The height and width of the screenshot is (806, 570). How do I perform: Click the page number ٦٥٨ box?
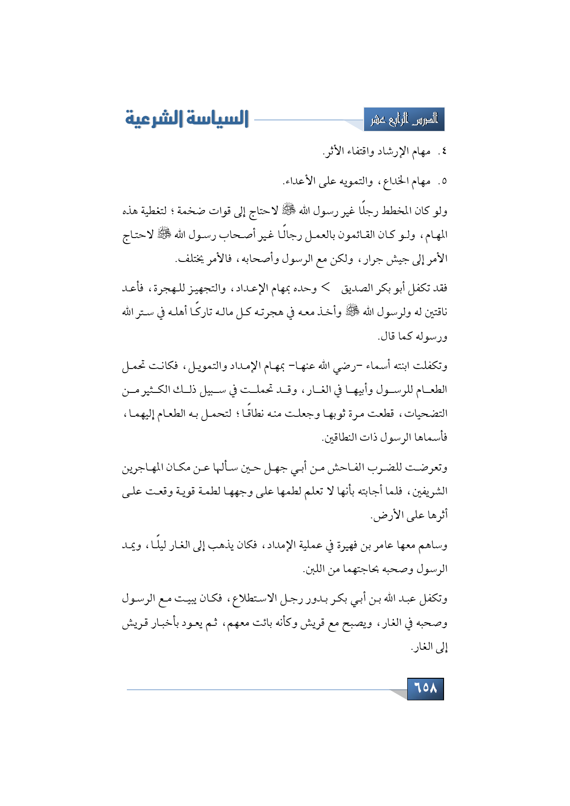(x=425, y=688)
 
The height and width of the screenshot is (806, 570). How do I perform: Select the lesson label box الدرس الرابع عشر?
(x=404, y=120)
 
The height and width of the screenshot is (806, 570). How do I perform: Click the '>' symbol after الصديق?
(x=325, y=288)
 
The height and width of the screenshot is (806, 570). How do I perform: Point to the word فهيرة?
(x=348, y=545)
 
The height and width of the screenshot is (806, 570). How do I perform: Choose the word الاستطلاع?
(x=252, y=599)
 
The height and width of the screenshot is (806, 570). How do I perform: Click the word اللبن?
(x=314, y=570)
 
